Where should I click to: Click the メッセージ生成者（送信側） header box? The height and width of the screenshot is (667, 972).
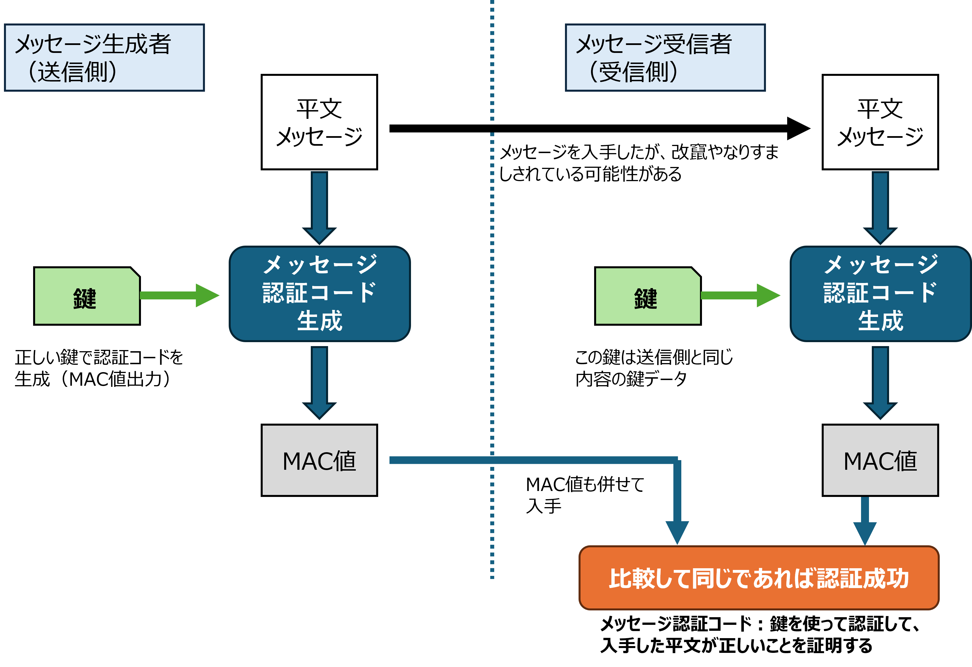[x=104, y=57]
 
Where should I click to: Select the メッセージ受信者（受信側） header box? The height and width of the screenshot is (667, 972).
[x=665, y=57]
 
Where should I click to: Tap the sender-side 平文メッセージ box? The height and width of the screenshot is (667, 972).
[x=319, y=122]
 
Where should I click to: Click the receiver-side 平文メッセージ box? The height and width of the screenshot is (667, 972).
[x=880, y=122]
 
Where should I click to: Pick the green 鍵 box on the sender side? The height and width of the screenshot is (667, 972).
[x=87, y=296]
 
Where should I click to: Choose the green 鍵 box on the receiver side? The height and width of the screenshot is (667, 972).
[x=647, y=296]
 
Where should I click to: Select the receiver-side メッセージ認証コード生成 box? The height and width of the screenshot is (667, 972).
[x=880, y=293]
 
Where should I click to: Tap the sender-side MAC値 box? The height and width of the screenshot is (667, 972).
[x=319, y=460]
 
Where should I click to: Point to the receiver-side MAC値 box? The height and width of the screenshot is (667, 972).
[x=880, y=460]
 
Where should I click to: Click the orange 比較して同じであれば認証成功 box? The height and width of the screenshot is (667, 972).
[x=759, y=578]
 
